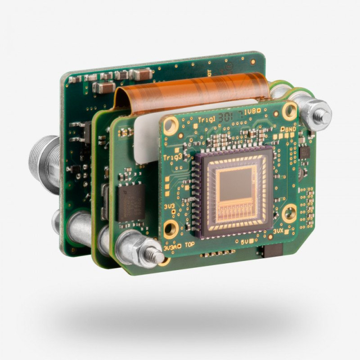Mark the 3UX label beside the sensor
click(278, 231)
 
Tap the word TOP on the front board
click(191, 246)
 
